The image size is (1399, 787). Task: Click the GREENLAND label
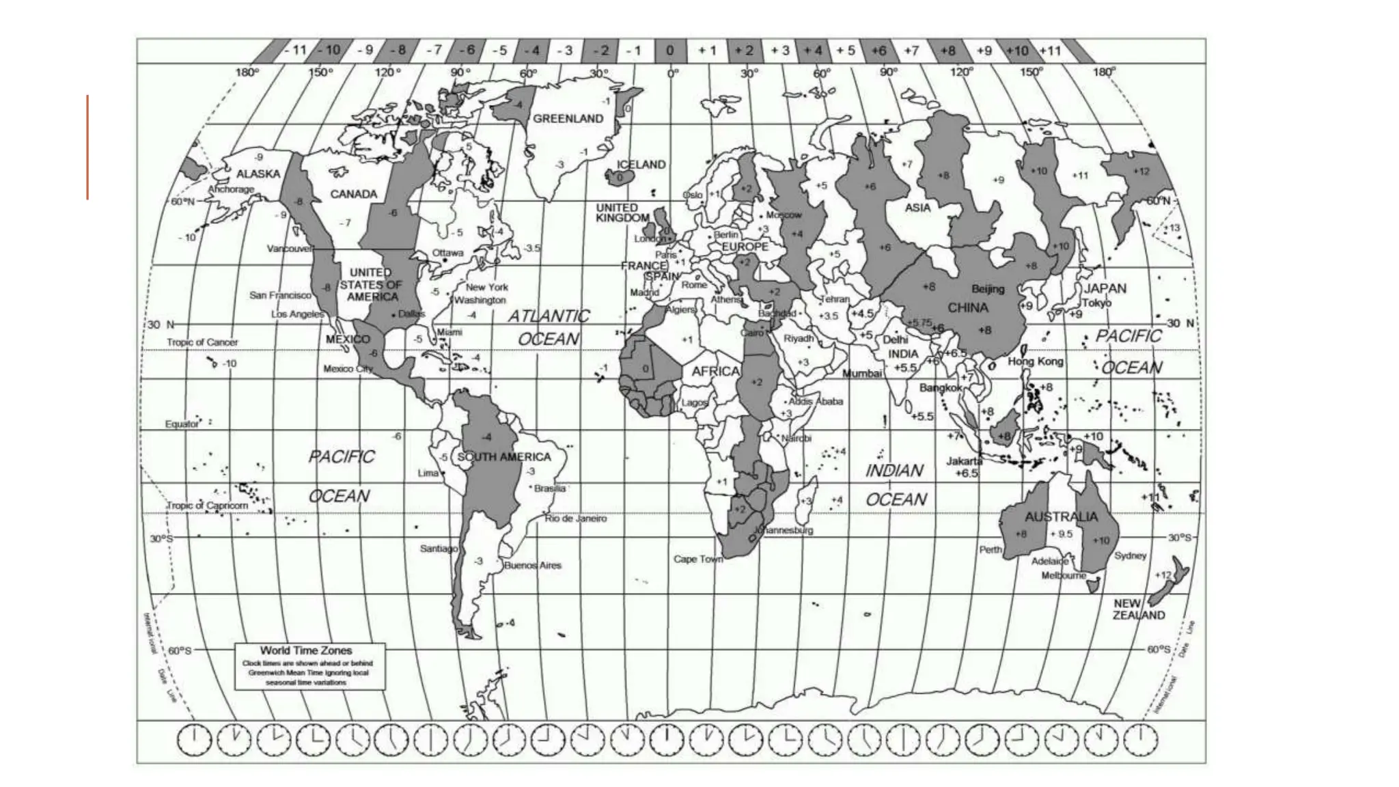568,118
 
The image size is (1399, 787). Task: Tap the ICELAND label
641,165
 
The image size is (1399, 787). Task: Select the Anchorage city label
231,189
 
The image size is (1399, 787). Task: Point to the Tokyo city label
1096,303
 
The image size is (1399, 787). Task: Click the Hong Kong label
1036,361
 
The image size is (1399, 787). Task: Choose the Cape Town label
697,559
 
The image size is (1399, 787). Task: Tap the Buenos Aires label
533,566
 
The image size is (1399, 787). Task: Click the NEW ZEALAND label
1138,609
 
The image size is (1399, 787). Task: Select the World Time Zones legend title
305,650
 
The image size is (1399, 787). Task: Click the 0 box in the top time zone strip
669,50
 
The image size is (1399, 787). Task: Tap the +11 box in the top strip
1050,50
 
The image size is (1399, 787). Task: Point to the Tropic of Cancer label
202,342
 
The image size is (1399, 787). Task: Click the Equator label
182,424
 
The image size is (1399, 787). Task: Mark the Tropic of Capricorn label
208,506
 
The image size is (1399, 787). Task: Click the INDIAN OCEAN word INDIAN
894,471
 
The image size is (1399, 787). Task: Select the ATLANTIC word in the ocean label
549,316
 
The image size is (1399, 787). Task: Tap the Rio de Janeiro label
575,519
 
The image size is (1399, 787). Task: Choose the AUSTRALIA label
1061,516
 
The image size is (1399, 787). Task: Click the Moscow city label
783,215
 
